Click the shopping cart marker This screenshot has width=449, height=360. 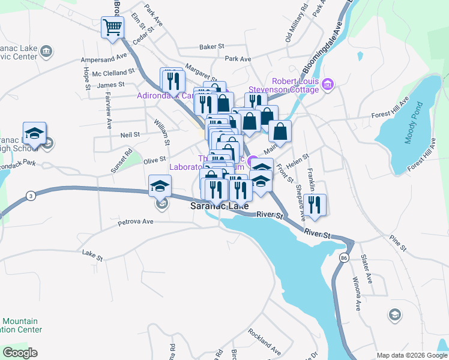[112, 27]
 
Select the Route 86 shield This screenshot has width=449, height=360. [343, 257]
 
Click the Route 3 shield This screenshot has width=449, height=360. [30, 195]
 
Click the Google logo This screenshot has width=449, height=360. [20, 352]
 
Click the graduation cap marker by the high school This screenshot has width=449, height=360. [34, 133]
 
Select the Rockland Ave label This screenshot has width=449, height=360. [264, 341]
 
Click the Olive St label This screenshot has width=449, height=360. [154, 160]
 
